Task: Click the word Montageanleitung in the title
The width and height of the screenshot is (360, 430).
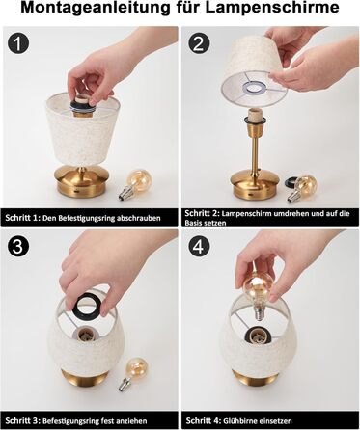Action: coord(96,8)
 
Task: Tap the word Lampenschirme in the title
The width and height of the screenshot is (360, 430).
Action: coord(272,7)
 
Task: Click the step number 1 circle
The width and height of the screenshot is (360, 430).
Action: coord(18,43)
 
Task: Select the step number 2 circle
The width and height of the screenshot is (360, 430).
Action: coord(199,43)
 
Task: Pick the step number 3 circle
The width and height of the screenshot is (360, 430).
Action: coord(18,247)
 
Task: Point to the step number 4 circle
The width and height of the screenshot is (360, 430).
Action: coord(199,247)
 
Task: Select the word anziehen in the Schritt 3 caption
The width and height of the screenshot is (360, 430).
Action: coord(132,420)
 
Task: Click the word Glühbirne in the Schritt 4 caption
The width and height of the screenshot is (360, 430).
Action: coord(237,420)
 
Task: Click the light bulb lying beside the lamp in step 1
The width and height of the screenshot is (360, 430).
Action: coord(135,184)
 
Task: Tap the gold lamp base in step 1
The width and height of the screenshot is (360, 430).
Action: coord(83,181)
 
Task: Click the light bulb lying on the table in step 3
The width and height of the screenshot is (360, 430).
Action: coord(134,373)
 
